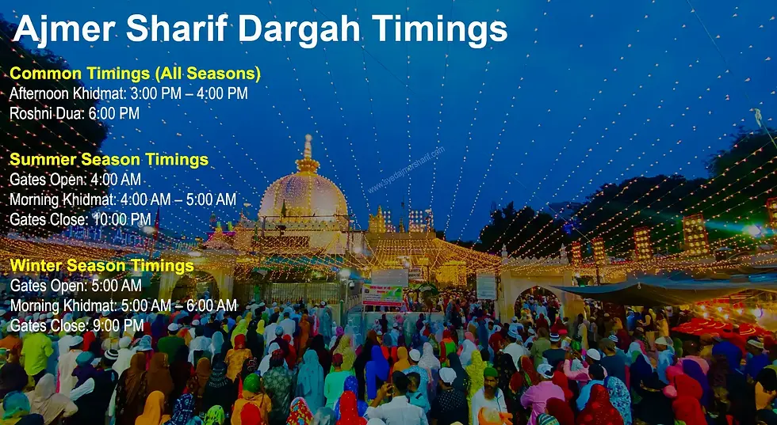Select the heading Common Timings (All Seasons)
click(x=135, y=74)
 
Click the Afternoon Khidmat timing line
click(x=128, y=94)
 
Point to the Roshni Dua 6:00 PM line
click(x=75, y=114)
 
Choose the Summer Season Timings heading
click(x=109, y=160)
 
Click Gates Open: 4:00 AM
click(x=75, y=180)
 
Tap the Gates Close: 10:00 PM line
click(x=80, y=219)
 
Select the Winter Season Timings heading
click(x=101, y=265)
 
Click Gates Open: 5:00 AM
click(x=75, y=286)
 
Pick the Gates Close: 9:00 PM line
click(x=77, y=325)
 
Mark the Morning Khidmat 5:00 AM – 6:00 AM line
click(x=123, y=305)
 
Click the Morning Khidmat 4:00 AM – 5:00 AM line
click(x=123, y=199)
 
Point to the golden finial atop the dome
click(x=307, y=154)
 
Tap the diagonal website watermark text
click(x=406, y=171)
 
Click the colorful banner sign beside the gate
click(x=382, y=295)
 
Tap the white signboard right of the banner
click(x=486, y=286)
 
